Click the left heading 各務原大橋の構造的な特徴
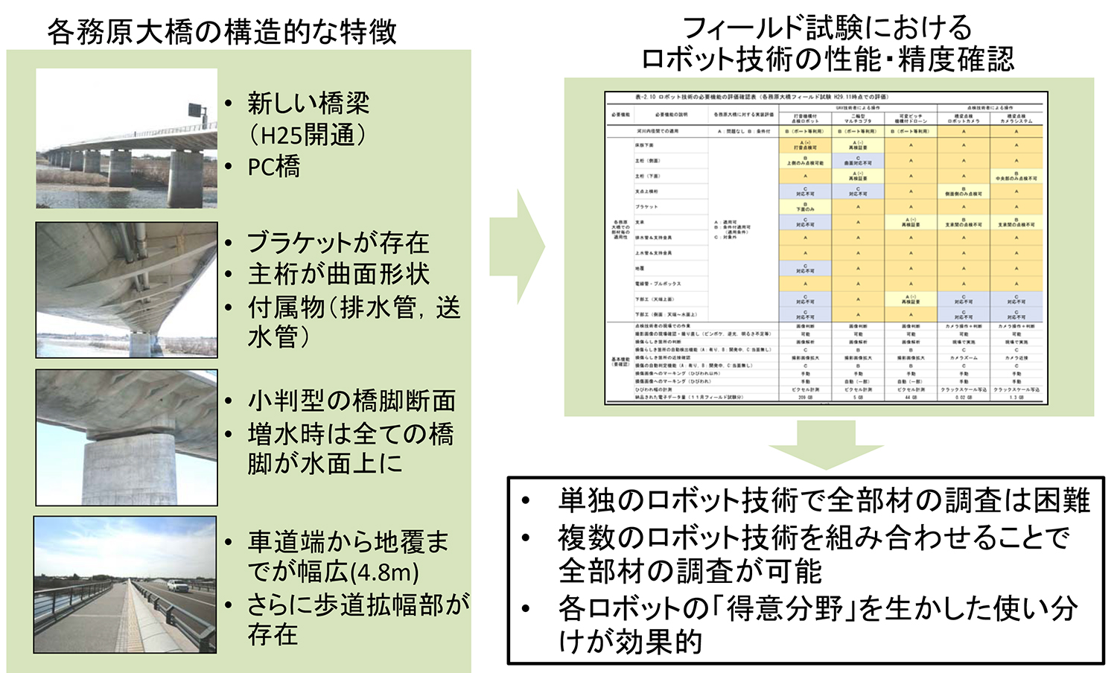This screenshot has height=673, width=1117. pos(222,31)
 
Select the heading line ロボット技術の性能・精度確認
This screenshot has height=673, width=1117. pos(827,60)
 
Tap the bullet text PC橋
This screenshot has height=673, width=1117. pos(274,167)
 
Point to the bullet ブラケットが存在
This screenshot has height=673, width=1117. pos(338,243)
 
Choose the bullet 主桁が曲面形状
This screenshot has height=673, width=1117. pos(338,274)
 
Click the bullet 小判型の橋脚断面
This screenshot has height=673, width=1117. pos(351,401)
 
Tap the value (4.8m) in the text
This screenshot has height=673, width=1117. pos(384,572)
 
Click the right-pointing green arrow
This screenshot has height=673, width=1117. pos(518,246)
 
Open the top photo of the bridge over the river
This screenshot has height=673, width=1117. pos(127,138)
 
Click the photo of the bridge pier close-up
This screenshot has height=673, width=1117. pos(127,438)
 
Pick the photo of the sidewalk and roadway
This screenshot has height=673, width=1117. pos(125,585)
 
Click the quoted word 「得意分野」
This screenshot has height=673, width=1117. pos(782,608)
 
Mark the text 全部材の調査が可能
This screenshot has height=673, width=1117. pos(690,571)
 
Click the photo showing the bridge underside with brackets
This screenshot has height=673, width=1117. pos(127,290)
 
